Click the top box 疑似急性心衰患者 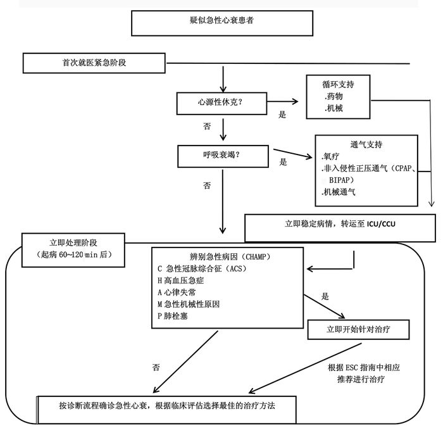221,22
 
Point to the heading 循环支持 339,84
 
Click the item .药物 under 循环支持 335,96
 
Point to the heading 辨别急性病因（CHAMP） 227,256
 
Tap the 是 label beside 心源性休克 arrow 283,115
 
